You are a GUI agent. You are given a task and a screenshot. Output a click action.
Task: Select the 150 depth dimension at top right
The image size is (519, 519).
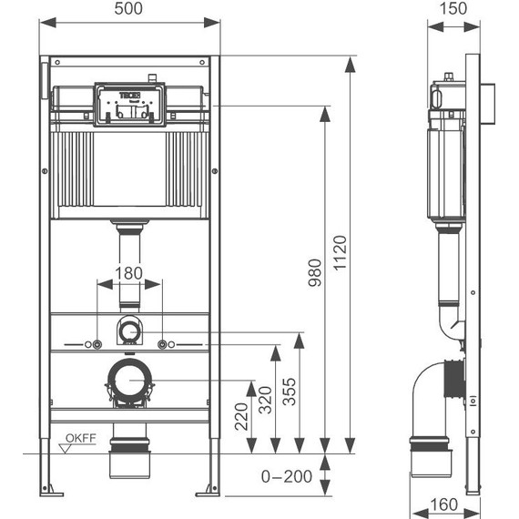point(455,9)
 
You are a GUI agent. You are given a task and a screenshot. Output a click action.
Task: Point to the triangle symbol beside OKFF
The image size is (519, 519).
point(65,446)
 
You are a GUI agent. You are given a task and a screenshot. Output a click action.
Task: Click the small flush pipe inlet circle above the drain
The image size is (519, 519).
point(129,330)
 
